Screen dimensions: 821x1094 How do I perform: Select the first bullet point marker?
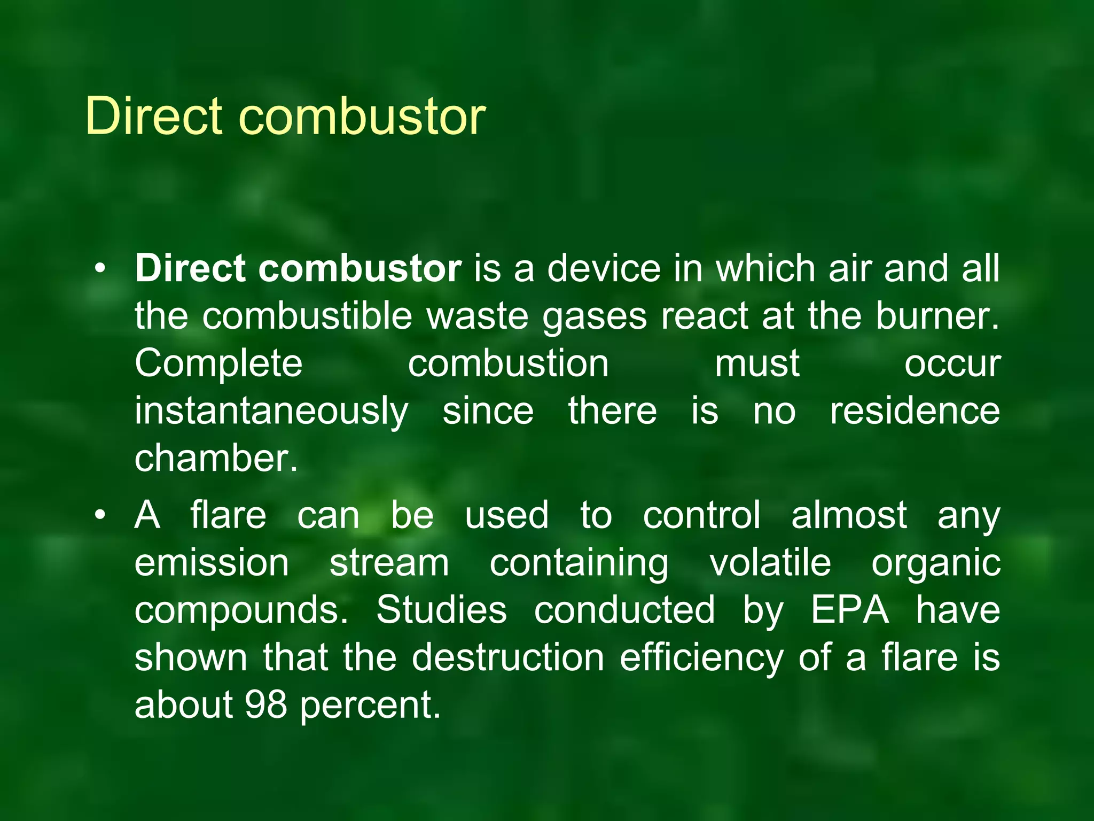tap(100, 269)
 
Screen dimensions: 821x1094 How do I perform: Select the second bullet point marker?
tap(100, 516)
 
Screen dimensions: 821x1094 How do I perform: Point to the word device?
tap(604, 268)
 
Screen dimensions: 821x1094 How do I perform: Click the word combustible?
tap(307, 315)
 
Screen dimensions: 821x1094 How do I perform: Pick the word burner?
tap(936, 315)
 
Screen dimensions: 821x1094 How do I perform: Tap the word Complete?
tap(218, 363)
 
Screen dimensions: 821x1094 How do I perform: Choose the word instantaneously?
tap(271, 412)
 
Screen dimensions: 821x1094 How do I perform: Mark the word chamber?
tap(215, 458)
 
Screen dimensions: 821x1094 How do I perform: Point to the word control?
tap(701, 515)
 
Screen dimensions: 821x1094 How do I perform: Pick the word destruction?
tap(508, 657)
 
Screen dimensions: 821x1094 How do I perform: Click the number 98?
tap(266, 704)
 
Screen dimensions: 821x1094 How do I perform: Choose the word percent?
tap(370, 705)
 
